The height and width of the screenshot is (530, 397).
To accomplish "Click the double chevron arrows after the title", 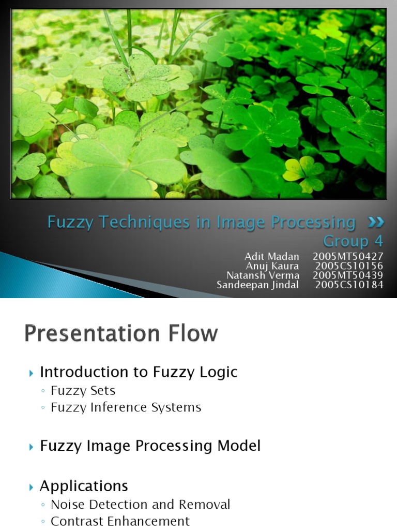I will click(376, 222).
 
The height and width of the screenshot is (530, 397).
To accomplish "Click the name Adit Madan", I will click(272, 257).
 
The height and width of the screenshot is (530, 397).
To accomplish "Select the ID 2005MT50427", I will click(348, 257).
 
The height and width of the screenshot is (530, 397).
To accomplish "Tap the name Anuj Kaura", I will click(272, 266).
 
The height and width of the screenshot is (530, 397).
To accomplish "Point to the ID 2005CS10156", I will click(349, 266).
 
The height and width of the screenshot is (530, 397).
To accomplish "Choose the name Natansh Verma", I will click(263, 275).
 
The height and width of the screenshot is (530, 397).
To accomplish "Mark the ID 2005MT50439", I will click(348, 275).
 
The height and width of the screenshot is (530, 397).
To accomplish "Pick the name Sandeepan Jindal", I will click(258, 285).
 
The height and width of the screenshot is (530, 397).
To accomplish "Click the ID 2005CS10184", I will click(349, 285).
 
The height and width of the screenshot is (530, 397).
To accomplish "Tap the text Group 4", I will click(353, 241).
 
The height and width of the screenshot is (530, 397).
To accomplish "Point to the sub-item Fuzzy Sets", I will click(83, 390).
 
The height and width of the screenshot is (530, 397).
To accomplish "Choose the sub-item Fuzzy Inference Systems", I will click(126, 407).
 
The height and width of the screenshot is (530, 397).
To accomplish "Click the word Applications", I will click(84, 486).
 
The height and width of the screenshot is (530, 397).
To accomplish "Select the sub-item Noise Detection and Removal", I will click(140, 504).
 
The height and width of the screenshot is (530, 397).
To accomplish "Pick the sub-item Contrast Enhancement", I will click(120, 521).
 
